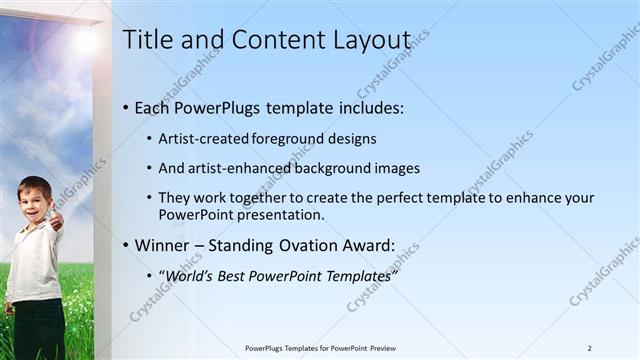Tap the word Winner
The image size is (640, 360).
[x=162, y=245]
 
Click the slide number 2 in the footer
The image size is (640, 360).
[x=589, y=348]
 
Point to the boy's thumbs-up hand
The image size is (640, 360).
[x=55, y=218]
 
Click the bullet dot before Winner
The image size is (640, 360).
[x=125, y=245]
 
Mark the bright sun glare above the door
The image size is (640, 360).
[x=85, y=41]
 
